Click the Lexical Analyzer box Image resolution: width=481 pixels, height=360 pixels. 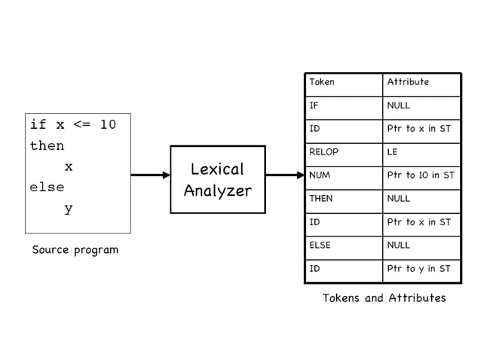tap(217, 179)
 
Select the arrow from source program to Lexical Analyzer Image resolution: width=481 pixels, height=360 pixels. tap(150, 175)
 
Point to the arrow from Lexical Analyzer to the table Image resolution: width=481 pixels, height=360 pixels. tap(284, 175)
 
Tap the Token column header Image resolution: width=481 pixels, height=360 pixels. tap(322, 82)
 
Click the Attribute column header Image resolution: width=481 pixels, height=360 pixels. tap(407, 82)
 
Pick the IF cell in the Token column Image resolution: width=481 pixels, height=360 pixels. tap(314, 106)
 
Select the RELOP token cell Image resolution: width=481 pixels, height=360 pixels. tap(323, 152)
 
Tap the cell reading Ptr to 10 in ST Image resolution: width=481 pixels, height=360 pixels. tap(420, 175)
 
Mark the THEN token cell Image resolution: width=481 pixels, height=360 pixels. tap(321, 199)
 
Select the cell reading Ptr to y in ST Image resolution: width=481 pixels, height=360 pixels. tap(418, 269)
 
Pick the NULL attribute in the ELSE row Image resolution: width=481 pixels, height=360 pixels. tap(398, 245)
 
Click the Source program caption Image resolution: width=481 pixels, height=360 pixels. tap(75, 249)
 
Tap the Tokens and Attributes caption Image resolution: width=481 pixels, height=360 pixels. tap(384, 297)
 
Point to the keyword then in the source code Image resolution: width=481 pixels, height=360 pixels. tap(47, 145)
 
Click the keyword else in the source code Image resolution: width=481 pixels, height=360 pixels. tap(47, 187)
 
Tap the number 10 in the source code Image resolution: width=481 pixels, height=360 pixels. tap(108, 124)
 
